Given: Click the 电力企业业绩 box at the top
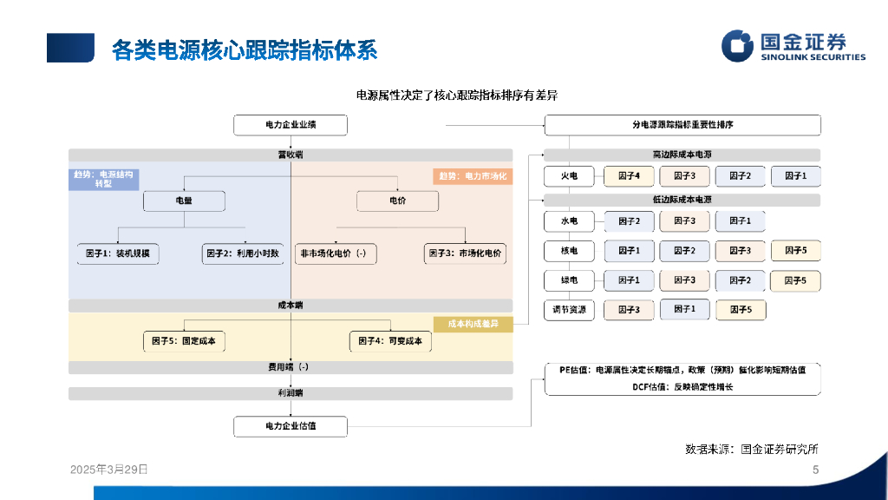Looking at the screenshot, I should pos(291,125).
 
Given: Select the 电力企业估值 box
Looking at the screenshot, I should pos(291,426).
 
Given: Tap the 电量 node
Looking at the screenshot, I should pos(184,201).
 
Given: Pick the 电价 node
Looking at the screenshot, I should pos(398,201).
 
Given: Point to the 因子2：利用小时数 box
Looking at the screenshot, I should pos(244,253).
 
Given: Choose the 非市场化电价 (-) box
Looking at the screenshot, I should pos(334,253).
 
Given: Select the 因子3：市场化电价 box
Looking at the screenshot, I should pos(466,253).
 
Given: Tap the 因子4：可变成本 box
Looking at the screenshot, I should pos(390,341).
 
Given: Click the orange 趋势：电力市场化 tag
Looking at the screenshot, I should pos(473,176).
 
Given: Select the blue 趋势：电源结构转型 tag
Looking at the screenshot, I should pos(104,179).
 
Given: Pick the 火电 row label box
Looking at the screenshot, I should pos(569,176).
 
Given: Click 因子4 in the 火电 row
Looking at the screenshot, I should pos(629,176).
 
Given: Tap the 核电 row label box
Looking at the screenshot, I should pos(569,251).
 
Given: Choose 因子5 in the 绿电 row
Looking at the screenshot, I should pos(795,280).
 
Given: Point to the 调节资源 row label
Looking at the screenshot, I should pos(569,309).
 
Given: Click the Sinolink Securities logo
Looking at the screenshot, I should pos(793,47).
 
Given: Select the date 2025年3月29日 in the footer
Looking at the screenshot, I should pos(108,469).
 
